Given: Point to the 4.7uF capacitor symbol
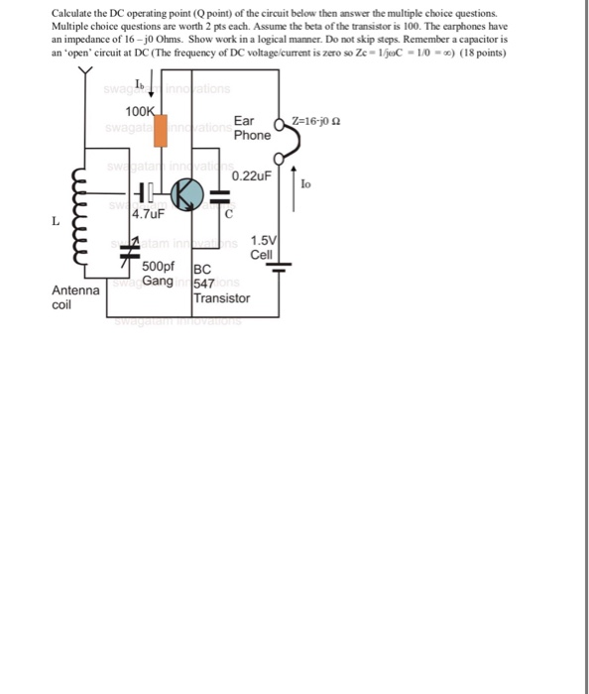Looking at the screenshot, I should [x=146, y=193].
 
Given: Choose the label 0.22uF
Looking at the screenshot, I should [x=251, y=175].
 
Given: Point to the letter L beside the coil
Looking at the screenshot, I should [x=56, y=220].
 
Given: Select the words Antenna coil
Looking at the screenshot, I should [x=75, y=298].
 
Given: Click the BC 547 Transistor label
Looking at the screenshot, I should [x=220, y=284].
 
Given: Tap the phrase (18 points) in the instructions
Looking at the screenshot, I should [x=481, y=52].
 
